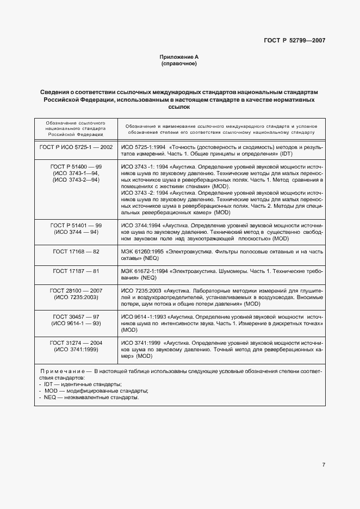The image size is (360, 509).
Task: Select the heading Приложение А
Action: tap(179, 57)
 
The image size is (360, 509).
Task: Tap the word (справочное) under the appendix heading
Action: tap(179, 64)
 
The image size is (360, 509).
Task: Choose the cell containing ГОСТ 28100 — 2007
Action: tap(76, 294)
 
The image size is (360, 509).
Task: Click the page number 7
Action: tap(323, 465)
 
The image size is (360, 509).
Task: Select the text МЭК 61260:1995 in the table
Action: tap(141, 251)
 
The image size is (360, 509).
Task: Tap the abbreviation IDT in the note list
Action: tap(49, 384)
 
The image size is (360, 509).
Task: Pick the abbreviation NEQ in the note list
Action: tap(51, 398)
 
